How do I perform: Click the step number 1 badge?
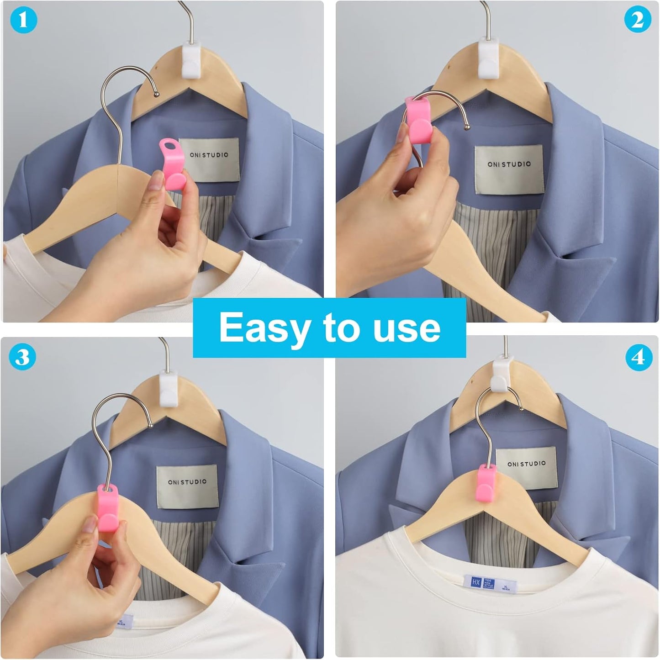point(23,21)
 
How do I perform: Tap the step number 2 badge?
point(638,21)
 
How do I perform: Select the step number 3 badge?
point(22,357)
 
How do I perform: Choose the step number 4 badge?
point(638,357)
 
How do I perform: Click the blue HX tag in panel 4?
point(476,582)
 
